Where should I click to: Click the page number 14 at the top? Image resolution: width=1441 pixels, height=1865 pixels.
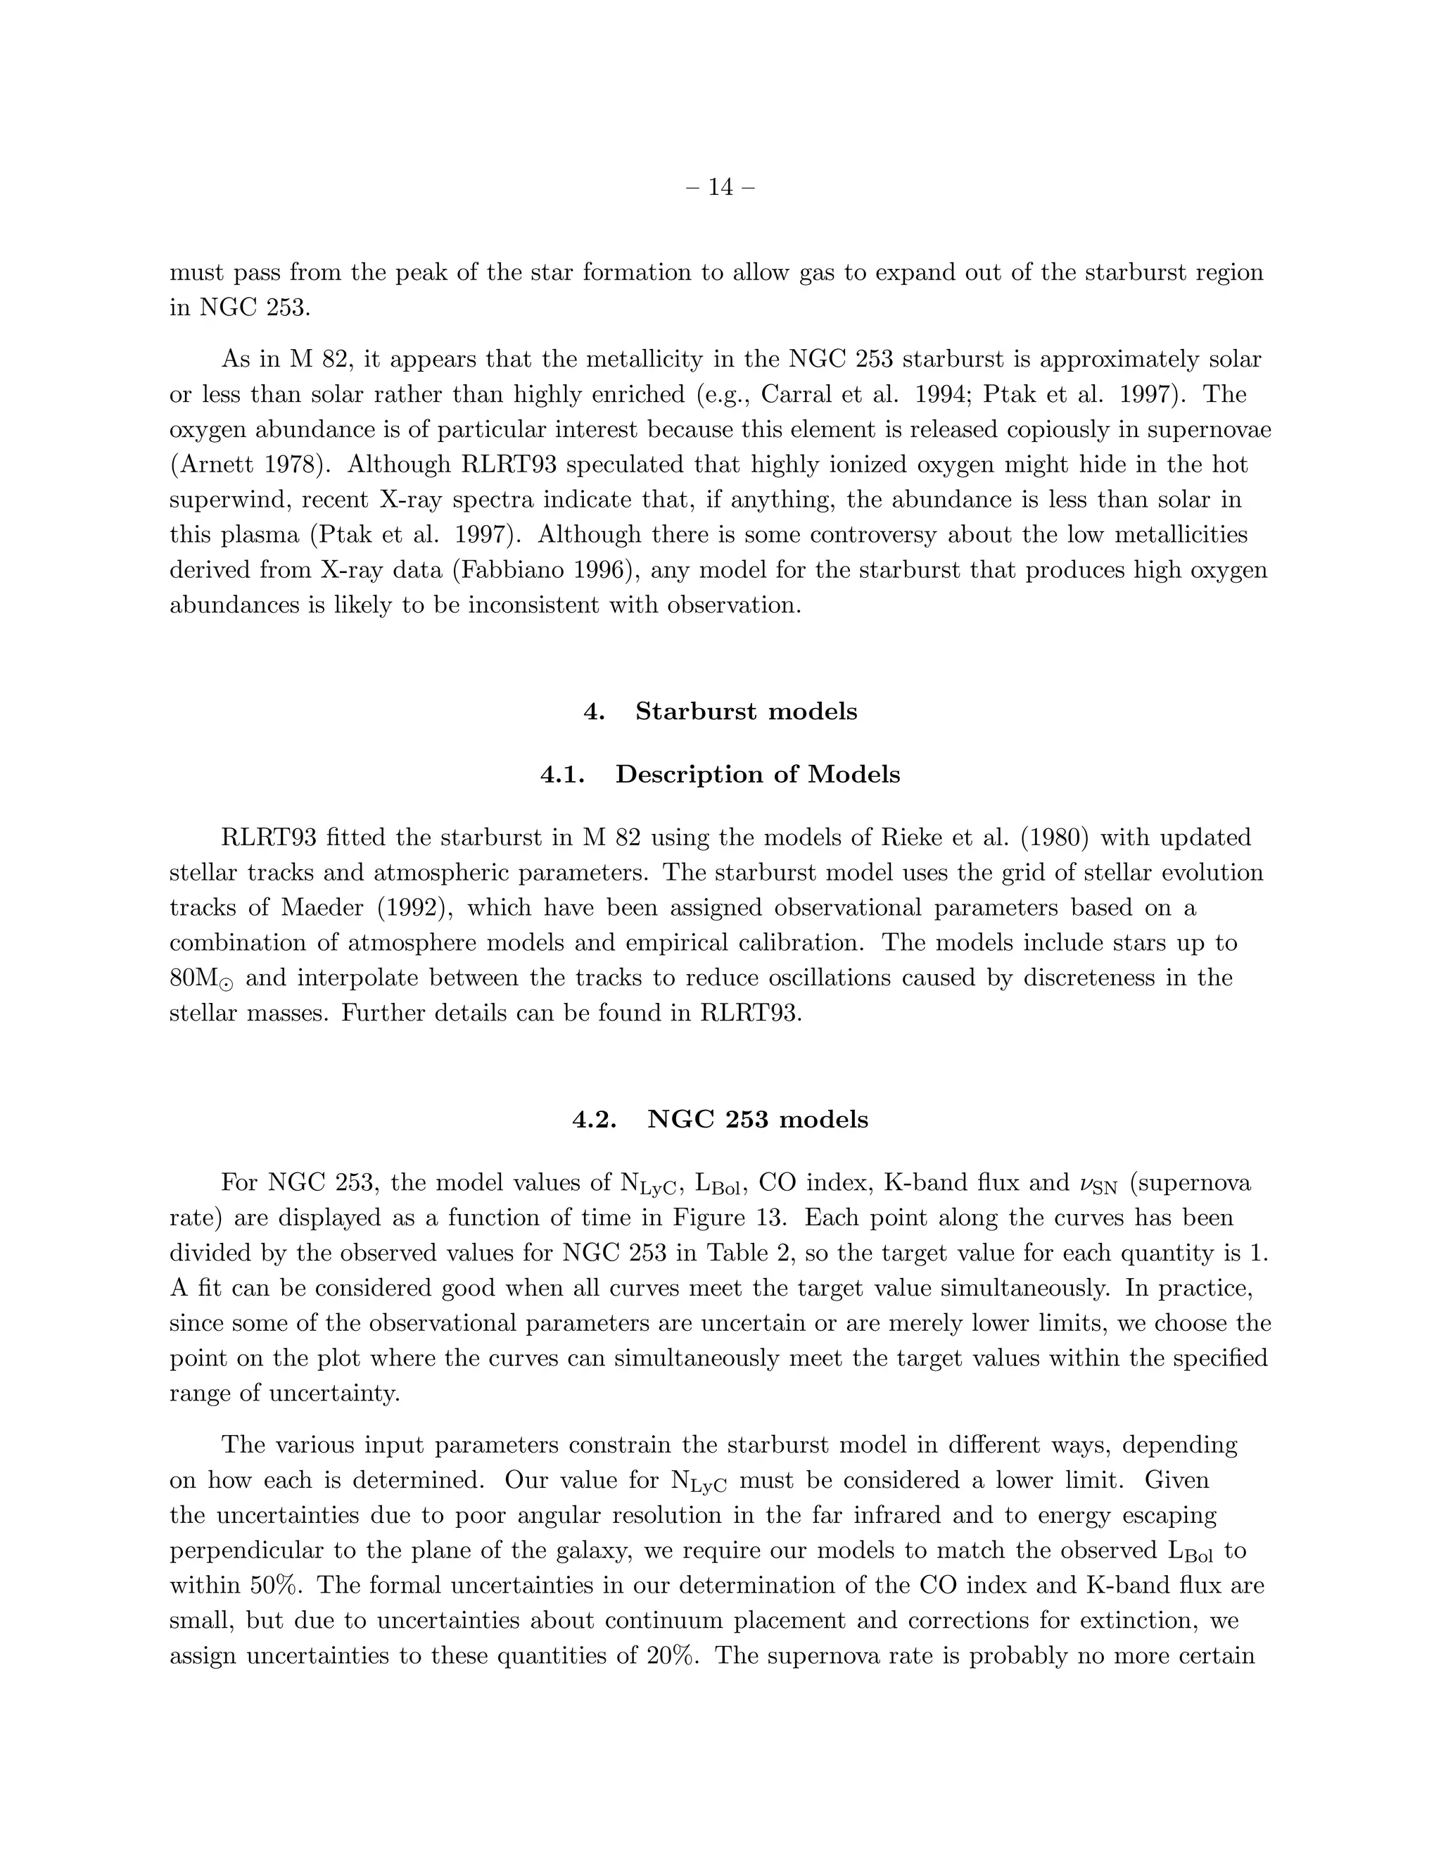click(x=720, y=187)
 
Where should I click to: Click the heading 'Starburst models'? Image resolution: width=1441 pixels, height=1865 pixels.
click(x=745, y=712)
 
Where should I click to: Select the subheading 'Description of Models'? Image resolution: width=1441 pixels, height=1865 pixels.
click(x=757, y=775)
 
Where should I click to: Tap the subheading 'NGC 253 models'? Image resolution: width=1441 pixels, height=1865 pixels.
click(x=757, y=1120)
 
